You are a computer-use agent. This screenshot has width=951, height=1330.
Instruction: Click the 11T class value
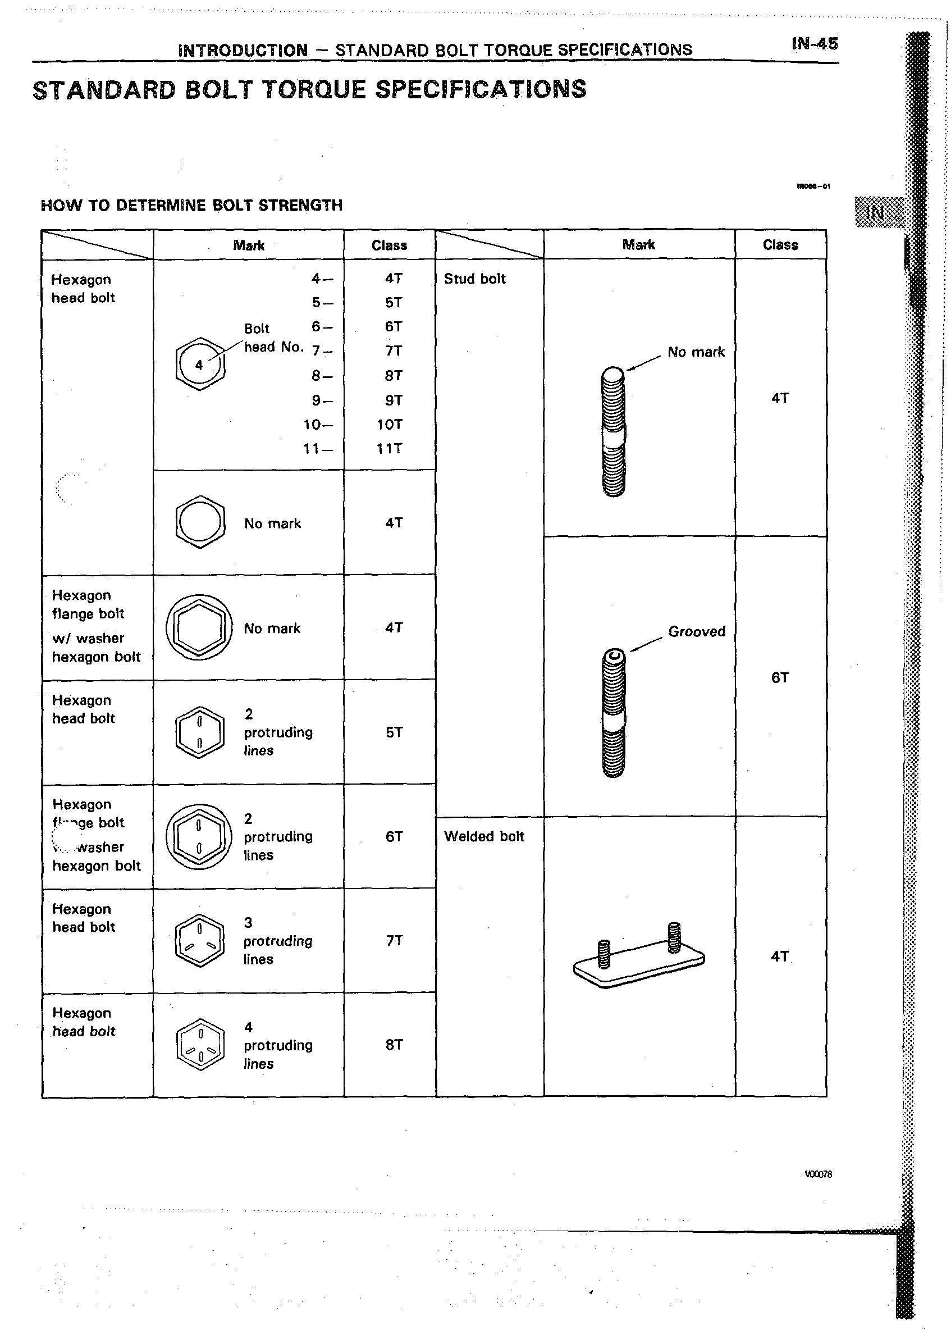pos(390,449)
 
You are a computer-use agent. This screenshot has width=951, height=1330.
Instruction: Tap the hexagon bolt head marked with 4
pos(200,364)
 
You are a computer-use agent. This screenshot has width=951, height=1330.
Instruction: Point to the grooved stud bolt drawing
pos(613,713)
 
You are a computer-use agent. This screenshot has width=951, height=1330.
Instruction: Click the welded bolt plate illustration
pos(639,955)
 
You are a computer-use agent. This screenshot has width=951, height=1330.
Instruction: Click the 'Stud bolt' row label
pos(474,279)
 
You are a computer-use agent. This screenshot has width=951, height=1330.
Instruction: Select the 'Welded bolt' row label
pos(484,836)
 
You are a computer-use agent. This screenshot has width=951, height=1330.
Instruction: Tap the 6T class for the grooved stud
pos(779,678)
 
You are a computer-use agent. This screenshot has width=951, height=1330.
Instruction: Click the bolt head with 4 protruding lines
pos(200,1045)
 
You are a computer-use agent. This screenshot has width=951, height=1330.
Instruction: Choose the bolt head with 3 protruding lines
pos(200,940)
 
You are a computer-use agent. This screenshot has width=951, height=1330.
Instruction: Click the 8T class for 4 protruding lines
pos(394,1045)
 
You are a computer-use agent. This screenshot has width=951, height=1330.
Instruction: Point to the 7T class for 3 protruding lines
pos(394,940)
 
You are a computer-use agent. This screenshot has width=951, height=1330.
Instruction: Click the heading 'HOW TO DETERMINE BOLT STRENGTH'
pos(191,206)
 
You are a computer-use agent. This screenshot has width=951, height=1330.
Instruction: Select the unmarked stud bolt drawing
pos(613,432)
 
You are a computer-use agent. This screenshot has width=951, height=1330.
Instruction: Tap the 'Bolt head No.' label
pos(273,338)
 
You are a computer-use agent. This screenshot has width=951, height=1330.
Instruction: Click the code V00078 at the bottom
pos(817,1174)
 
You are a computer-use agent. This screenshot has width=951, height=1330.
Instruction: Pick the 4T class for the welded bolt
pos(779,956)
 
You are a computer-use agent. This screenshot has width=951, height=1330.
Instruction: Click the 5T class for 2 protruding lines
pos(394,732)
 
